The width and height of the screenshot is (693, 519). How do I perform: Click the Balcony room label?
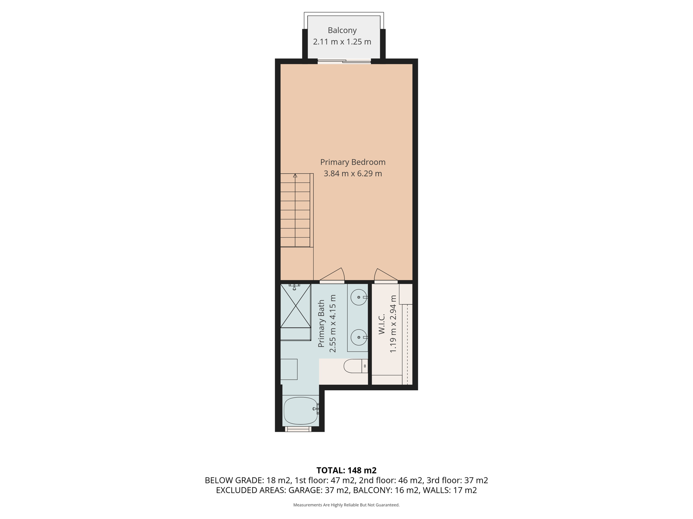[x=342, y=30]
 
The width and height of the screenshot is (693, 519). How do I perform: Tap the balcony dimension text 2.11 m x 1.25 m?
[x=342, y=42]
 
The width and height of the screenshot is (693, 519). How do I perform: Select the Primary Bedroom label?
[x=353, y=162]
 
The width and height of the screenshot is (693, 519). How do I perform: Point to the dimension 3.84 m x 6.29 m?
[x=353, y=174]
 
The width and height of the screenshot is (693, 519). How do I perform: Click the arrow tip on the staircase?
[x=295, y=175]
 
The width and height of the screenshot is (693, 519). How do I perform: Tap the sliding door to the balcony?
[x=344, y=61]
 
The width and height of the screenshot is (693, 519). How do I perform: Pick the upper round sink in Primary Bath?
[x=359, y=297]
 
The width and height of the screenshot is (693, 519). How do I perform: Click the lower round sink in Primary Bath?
[x=359, y=337]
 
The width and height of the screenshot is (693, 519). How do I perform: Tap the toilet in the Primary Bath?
[x=353, y=366]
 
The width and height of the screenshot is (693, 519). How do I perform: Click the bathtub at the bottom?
[x=300, y=411]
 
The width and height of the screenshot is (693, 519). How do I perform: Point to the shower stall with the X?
[x=296, y=306]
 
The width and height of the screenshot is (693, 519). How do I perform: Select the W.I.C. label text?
[x=382, y=324]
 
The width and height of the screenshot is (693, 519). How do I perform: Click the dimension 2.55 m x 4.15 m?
[x=333, y=324]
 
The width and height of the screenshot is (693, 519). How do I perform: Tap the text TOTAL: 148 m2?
[x=346, y=470]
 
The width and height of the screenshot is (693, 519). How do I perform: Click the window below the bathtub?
[x=298, y=429]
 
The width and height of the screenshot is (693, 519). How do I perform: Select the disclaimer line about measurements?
[x=346, y=505]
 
